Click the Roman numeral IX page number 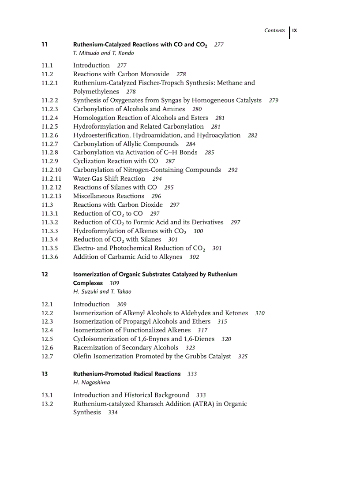295,30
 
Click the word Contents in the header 274,30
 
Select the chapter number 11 44,45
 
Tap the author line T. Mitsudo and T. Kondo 103,53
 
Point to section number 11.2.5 50,127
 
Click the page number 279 273,100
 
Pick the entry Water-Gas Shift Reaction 109,179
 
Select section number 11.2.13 51,196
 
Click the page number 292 232,170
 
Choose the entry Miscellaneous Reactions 109,196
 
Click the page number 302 194,257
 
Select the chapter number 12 44,274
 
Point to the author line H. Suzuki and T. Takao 102,291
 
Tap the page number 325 243,357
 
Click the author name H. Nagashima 91,383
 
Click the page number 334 112,413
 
